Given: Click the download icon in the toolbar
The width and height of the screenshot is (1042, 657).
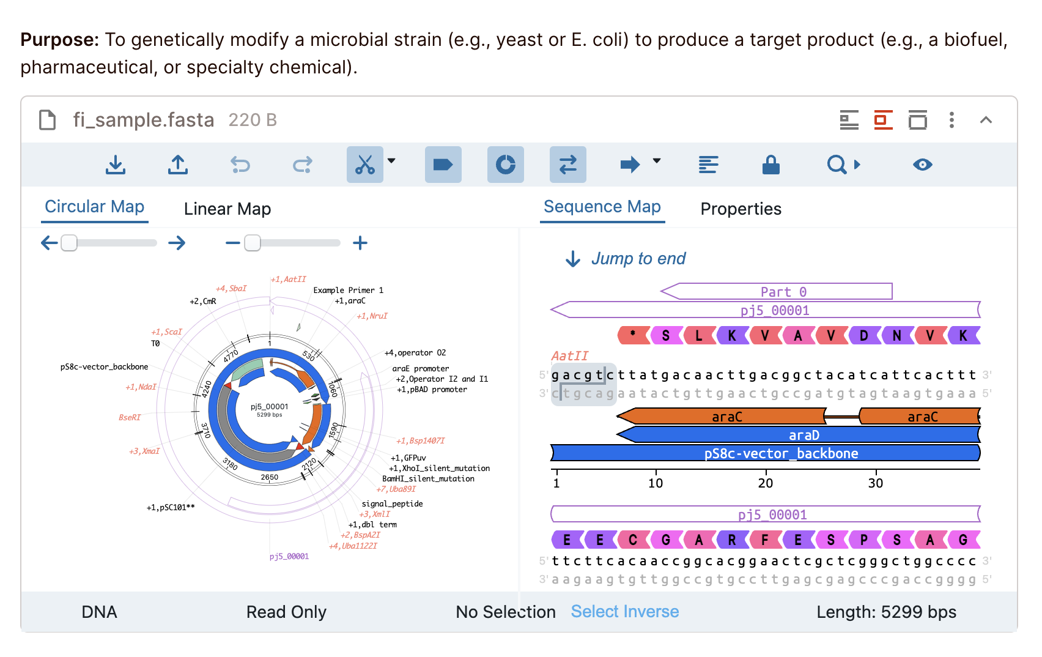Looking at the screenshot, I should click(x=116, y=165).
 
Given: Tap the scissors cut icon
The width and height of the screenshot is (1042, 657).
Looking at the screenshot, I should click(x=365, y=165).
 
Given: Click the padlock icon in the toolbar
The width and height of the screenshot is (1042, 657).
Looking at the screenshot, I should click(x=770, y=165).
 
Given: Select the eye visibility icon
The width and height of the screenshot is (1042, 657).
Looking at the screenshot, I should click(x=922, y=165).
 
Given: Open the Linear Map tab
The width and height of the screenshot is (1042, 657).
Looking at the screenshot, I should click(x=227, y=209).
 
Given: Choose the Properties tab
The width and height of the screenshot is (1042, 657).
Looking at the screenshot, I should click(x=741, y=209).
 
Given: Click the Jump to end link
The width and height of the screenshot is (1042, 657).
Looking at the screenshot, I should click(x=638, y=259).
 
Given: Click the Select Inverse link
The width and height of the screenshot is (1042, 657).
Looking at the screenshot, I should click(x=624, y=612).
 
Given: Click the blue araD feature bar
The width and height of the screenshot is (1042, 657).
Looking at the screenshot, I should click(x=803, y=435).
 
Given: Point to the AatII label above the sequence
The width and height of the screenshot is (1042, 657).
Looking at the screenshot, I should click(x=569, y=356).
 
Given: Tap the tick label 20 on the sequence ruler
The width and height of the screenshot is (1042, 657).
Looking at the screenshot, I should click(x=765, y=483).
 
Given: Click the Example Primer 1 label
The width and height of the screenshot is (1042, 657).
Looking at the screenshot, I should click(x=348, y=291).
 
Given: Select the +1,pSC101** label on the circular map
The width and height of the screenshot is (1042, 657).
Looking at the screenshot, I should click(x=171, y=508).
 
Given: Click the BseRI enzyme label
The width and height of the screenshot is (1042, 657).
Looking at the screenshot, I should click(x=130, y=418).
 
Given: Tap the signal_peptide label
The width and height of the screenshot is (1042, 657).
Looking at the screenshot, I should click(x=392, y=504).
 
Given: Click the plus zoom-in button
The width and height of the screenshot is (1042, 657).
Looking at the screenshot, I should click(x=360, y=243).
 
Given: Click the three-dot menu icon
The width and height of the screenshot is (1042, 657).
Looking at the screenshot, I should click(x=951, y=120).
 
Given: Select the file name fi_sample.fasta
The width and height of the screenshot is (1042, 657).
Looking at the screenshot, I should click(x=143, y=120).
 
